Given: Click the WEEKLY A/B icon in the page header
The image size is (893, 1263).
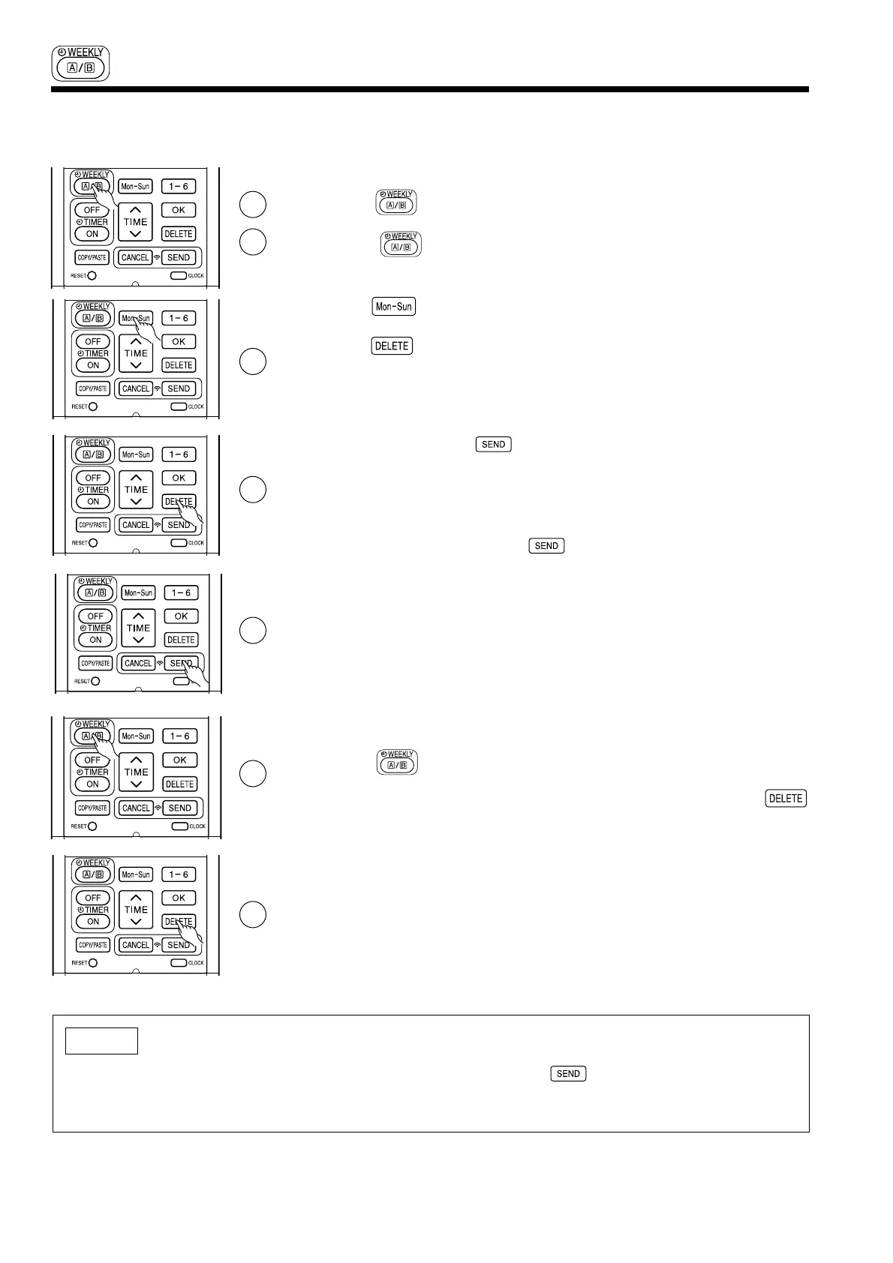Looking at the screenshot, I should click(82, 63).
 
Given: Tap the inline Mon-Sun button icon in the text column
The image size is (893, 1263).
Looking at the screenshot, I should click(394, 307).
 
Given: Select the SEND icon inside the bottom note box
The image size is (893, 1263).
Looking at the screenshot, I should click(568, 1074).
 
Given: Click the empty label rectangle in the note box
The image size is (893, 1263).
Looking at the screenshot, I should click(101, 1041).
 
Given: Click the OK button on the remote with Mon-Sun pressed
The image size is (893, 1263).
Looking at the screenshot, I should click(179, 341).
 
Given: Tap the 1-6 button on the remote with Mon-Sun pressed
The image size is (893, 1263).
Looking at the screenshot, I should click(179, 318).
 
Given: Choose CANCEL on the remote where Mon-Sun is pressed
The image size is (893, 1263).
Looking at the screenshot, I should click(136, 388).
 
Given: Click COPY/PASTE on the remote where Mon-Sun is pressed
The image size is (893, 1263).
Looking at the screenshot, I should click(93, 388).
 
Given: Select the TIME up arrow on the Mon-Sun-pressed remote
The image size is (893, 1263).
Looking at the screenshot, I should click(136, 340).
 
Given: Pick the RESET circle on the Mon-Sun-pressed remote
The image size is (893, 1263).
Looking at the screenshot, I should click(93, 406).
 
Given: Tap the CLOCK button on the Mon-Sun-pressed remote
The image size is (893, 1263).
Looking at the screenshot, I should click(179, 406).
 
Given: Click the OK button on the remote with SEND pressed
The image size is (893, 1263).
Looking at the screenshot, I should click(181, 616).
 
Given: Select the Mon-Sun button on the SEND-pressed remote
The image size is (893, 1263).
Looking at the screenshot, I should click(138, 592).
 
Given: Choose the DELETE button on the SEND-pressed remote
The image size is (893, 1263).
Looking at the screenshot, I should click(181, 640).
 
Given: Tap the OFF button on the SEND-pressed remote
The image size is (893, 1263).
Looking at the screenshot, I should click(95, 616).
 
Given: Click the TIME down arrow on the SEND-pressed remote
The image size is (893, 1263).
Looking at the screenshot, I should click(138, 640).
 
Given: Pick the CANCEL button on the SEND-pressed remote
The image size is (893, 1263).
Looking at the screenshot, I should click(138, 663).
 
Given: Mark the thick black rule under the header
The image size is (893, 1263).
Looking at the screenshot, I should click(430, 90).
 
